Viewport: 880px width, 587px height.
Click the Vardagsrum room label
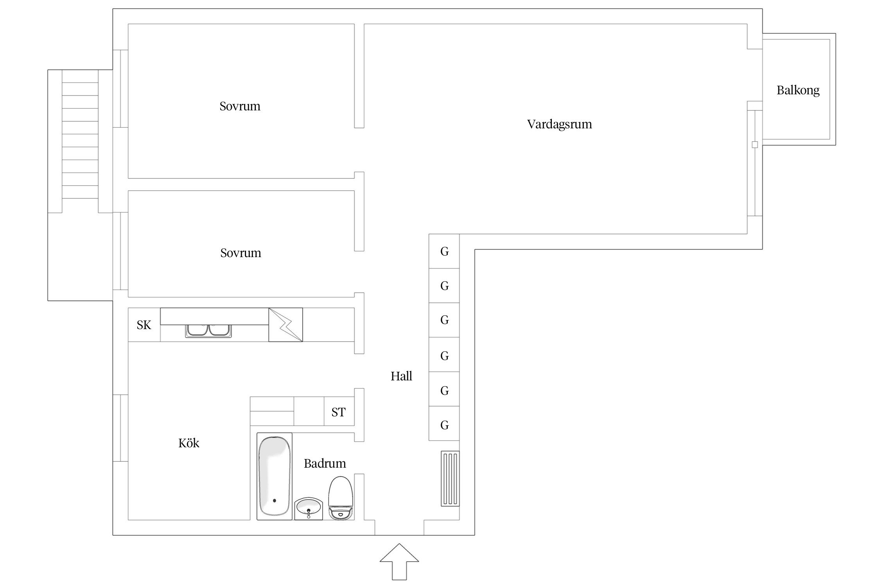[x=559, y=124]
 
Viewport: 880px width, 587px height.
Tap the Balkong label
[x=798, y=90]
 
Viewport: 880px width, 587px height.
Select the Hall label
[x=401, y=376]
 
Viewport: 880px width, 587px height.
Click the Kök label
[x=189, y=443]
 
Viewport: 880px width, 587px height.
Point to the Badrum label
[x=325, y=463]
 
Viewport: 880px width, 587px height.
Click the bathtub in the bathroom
[x=275, y=476]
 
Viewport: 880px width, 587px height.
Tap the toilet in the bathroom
[x=341, y=498]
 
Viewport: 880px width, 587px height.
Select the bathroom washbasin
[x=309, y=509]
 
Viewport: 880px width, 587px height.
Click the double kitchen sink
[x=208, y=331]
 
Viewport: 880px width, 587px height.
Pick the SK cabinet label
[x=144, y=325]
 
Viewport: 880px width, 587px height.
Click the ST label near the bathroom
[x=338, y=412]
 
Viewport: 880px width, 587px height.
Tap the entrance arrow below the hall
[x=399, y=561]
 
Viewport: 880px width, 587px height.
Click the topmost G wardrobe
[x=444, y=251]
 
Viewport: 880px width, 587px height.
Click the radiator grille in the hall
[x=450, y=479]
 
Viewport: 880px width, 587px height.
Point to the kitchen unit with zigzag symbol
[x=286, y=325]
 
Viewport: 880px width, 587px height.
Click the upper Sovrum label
[x=240, y=106]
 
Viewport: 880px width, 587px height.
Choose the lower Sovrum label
[x=241, y=253]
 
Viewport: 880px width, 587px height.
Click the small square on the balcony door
[x=755, y=144]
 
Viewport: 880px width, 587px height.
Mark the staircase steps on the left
[x=80, y=134]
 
